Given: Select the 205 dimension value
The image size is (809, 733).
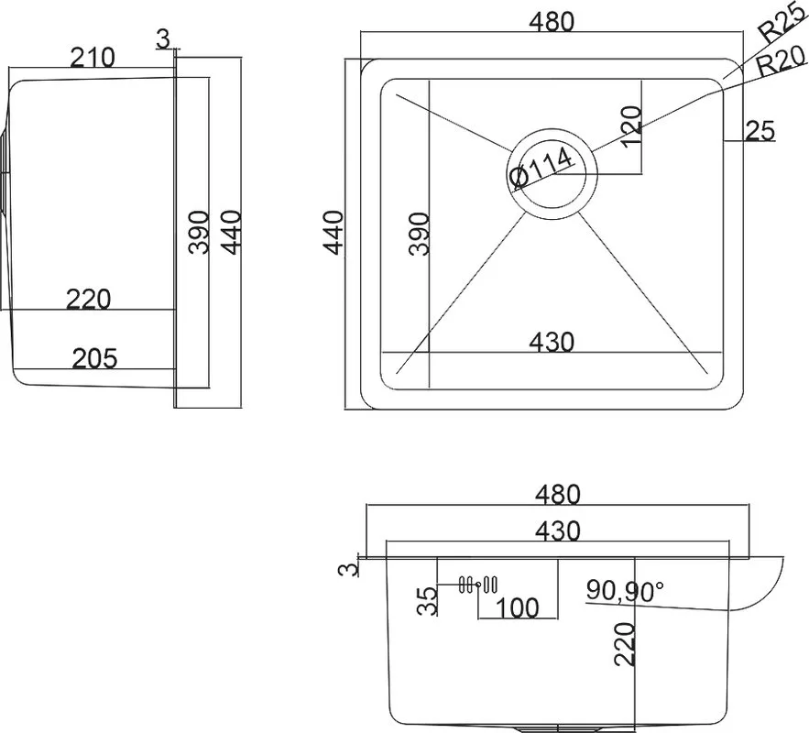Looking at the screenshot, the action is coord(95,358).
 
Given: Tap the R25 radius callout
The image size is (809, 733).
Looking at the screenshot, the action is coord(782,25).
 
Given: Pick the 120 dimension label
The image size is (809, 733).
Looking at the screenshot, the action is coord(631,126).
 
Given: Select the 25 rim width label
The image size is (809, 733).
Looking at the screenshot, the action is coord(760,130).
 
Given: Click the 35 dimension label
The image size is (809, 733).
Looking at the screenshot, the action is coord(427,601).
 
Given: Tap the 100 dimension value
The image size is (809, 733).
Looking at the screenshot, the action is coord(517,608).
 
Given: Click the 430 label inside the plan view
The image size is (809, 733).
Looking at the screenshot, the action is coord(552,342).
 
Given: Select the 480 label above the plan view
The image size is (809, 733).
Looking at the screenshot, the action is coord(552,22).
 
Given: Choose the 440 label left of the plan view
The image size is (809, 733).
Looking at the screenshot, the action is coord(333,233).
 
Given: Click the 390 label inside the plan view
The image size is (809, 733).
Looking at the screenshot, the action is coord(419,234).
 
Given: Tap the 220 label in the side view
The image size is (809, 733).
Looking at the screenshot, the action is coord(88,300).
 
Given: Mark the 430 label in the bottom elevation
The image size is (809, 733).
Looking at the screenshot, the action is coord(558,531).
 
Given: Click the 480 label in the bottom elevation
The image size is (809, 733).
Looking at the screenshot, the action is coord(558,494).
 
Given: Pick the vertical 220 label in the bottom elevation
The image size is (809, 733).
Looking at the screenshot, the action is coord(624,644).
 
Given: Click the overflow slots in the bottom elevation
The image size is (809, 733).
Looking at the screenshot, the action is coord(477,585).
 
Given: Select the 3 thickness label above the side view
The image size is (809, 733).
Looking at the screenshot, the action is coord(162,38).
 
